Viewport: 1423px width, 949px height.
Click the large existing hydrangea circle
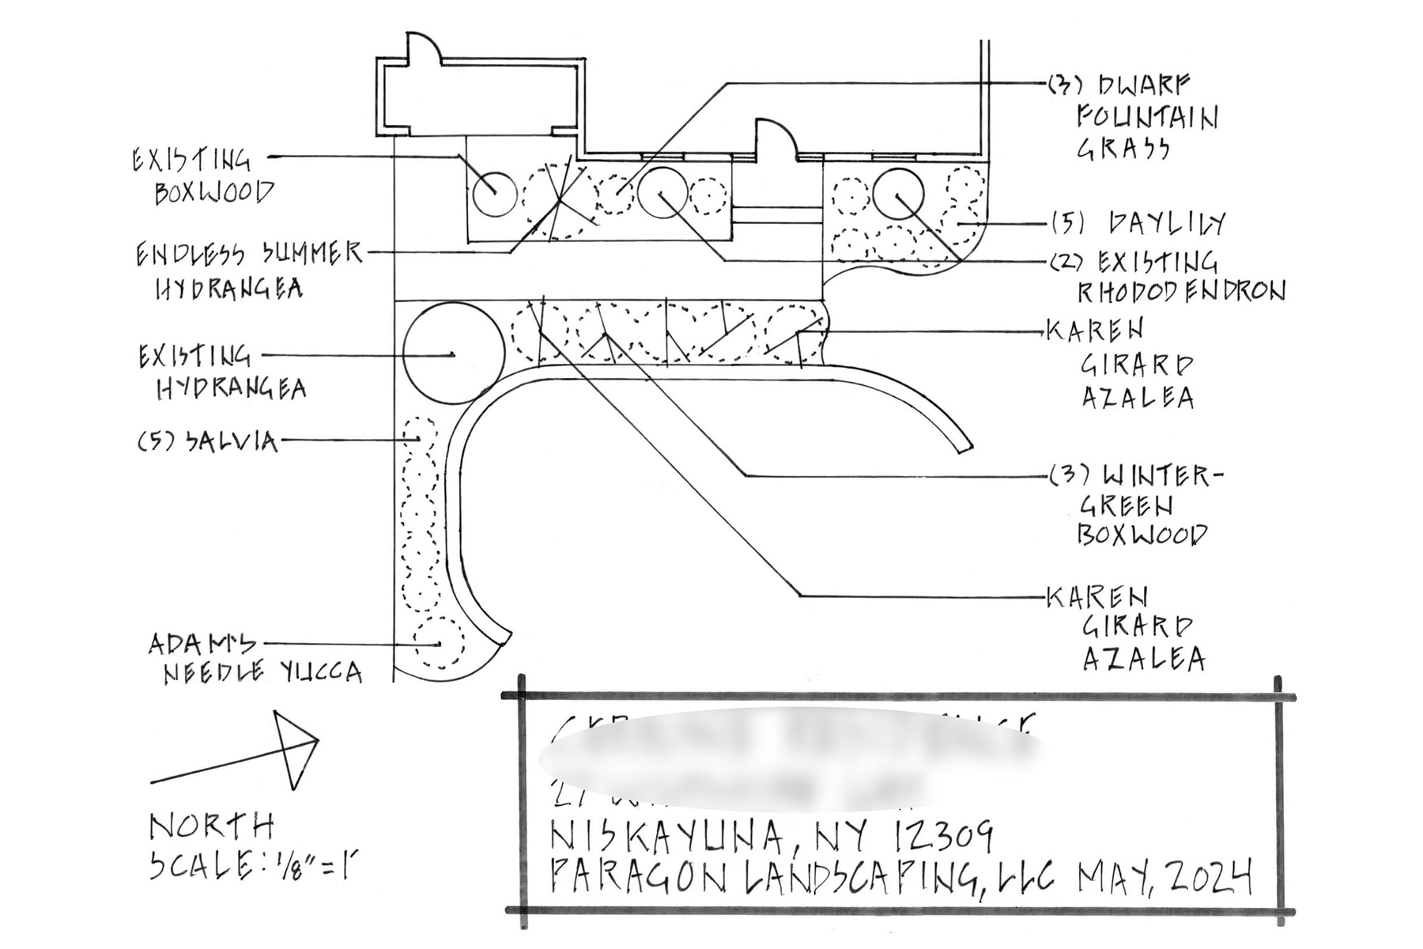point(453,354)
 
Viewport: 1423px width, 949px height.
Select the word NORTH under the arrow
point(212,827)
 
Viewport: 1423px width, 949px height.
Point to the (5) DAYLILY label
point(1138,223)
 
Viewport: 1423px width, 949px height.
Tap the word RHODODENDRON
point(1181,291)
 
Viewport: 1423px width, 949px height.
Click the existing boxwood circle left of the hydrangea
point(494,193)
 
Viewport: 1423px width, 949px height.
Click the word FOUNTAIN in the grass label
point(1146,118)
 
